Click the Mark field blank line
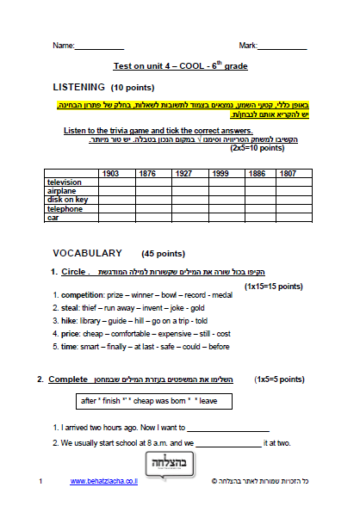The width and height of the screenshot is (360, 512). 282,46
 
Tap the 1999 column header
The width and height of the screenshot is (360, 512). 220,173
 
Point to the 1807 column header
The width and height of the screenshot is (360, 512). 288,173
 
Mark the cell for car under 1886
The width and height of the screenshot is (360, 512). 256,218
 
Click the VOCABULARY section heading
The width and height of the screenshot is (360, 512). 87,254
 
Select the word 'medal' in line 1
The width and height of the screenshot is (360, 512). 222,295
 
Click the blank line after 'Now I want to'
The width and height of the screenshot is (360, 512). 228,427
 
